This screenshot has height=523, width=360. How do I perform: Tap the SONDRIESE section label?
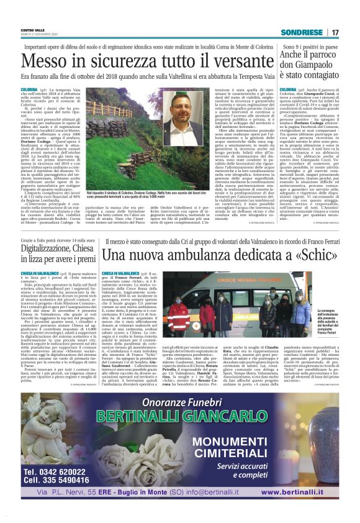pyautogui.click(x=302, y=32)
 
